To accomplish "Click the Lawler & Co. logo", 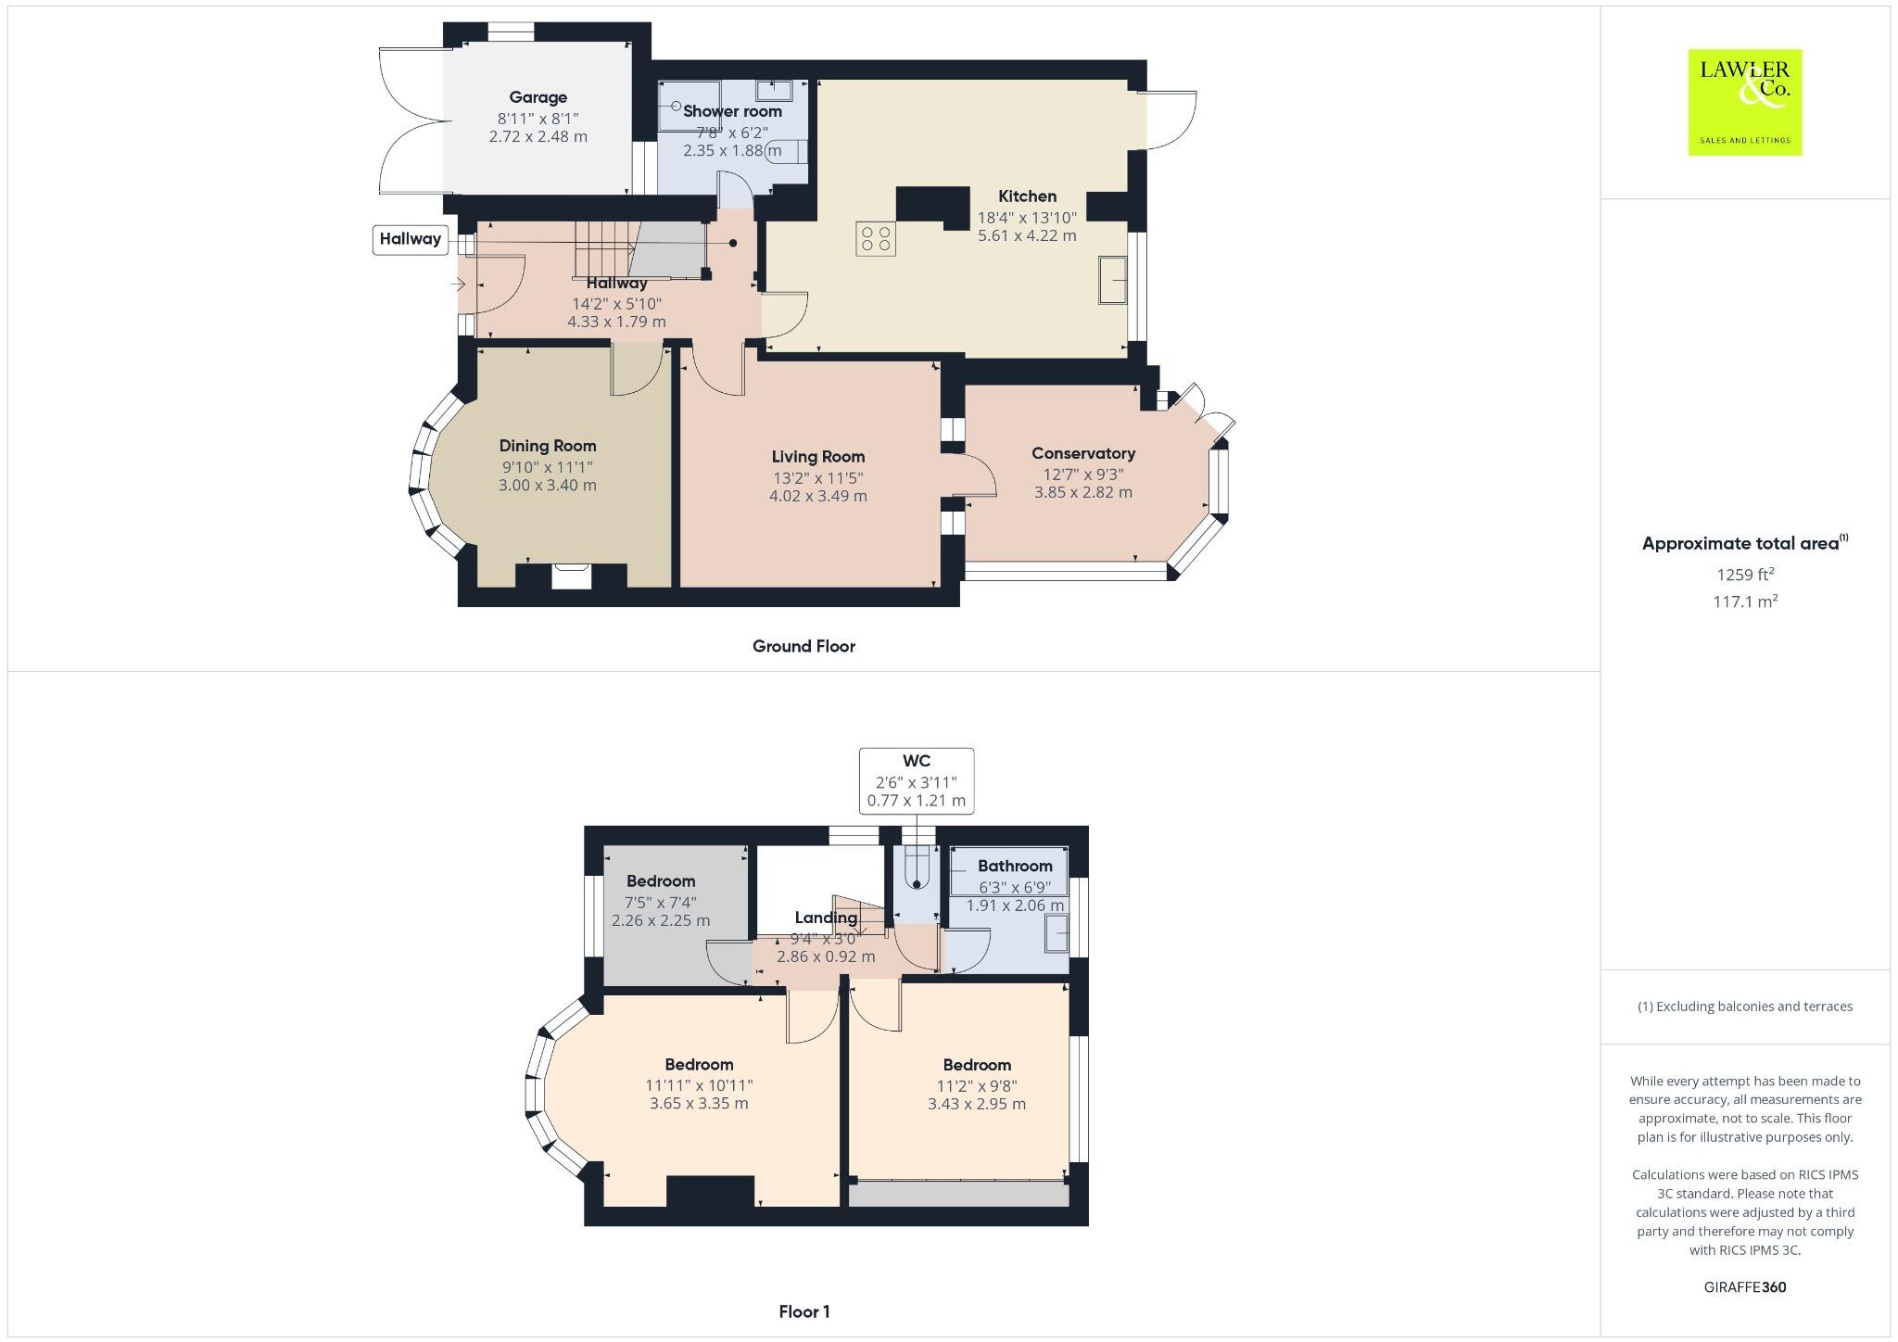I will click(1744, 102).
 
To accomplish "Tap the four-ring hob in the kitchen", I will click(875, 238).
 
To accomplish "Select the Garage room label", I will click(538, 97).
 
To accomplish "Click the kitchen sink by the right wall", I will click(1112, 280).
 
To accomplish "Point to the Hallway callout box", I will click(410, 239).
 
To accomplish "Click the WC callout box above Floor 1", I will click(916, 780).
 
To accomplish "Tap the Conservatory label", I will click(1082, 453).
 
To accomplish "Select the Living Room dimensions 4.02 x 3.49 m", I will click(817, 496).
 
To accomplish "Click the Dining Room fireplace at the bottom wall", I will click(571, 576).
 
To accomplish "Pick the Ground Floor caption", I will click(803, 646).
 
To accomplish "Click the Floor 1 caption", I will click(803, 1311).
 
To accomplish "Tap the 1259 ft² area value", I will click(1744, 575).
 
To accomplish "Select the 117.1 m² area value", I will click(1744, 601).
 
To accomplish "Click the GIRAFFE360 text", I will click(1744, 1287).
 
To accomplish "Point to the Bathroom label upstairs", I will click(1015, 866).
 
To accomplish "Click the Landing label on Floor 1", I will click(825, 918).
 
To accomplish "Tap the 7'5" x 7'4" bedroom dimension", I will click(660, 902).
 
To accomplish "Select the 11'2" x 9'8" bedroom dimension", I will click(977, 1085).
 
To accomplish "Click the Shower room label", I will click(732, 111).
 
